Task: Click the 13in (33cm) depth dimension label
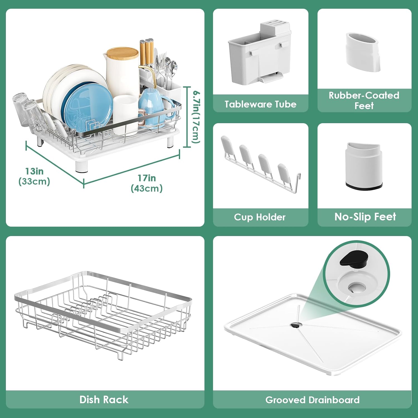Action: (x=34, y=176)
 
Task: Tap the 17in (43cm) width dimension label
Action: (x=147, y=183)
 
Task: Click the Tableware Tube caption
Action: (x=261, y=104)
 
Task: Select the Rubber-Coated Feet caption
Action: (x=364, y=100)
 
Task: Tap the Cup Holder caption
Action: (x=260, y=217)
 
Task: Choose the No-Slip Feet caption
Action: (x=365, y=217)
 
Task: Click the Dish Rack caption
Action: (x=104, y=400)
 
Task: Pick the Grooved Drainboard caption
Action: (x=312, y=400)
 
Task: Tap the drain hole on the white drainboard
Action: (x=295, y=325)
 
